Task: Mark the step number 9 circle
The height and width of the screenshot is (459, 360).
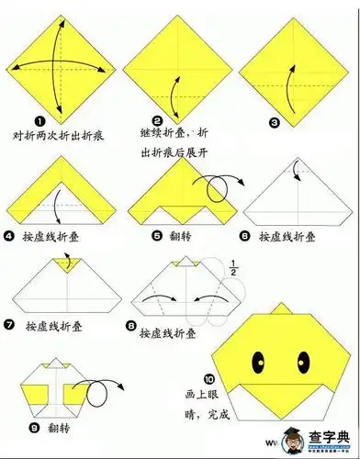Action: click(36, 427)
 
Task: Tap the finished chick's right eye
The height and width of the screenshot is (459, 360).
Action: click(302, 354)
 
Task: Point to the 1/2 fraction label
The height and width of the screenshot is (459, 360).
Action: click(232, 270)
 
